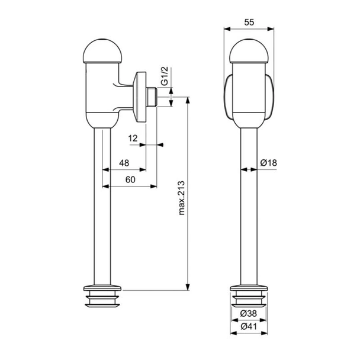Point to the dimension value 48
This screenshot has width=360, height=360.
124,162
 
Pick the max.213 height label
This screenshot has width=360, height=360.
182,198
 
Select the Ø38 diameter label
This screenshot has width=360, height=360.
249,314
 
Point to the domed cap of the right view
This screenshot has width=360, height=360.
249,52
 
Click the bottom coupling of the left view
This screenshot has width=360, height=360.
104,297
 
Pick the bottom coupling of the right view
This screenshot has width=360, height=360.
249,297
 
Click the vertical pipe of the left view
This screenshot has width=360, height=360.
104,207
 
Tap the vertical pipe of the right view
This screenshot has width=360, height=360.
249,207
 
